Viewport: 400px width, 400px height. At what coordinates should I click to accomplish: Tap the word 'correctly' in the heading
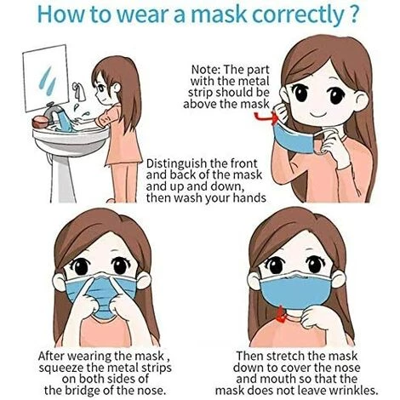pos(298,15)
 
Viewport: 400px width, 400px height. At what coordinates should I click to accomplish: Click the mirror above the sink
pos(46,78)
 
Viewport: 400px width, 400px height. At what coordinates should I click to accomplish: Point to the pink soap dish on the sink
pos(41,122)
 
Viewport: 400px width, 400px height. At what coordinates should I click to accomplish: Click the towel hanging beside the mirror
pos(80,91)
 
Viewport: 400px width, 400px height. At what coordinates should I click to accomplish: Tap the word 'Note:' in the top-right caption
pos(206,70)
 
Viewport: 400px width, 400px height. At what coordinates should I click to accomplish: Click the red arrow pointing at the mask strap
pos(266,117)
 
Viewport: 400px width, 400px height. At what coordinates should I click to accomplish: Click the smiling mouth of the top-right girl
pos(320,116)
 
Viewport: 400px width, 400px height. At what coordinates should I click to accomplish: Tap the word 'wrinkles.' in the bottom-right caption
pos(353,391)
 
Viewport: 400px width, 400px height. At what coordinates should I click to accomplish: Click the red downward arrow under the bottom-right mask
pos(282,315)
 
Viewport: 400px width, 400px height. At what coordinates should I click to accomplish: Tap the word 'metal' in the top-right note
pos(253,81)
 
